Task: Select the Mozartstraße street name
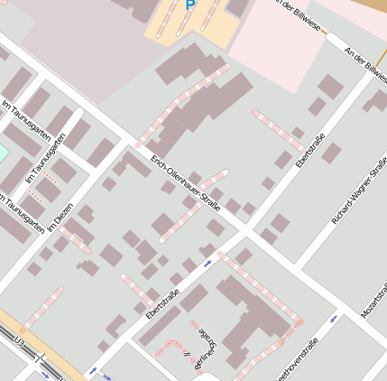tap(376, 298)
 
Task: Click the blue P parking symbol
tap(189, 5)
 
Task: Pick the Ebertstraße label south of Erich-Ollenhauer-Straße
tap(162, 302)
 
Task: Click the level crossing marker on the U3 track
tap(40, 358)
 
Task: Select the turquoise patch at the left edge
tap(3, 152)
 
